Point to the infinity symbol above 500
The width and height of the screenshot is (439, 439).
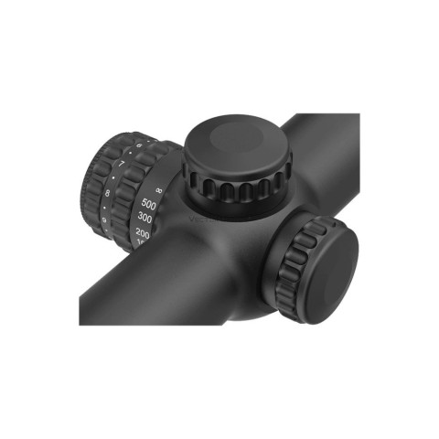tap(157, 188)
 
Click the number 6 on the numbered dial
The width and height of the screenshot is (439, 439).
tap(138, 146)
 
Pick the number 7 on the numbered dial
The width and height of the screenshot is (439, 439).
tap(121, 165)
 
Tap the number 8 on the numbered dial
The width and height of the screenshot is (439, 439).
tap(109, 194)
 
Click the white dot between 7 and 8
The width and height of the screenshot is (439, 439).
tap(113, 178)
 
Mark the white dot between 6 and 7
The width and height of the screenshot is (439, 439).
tap(129, 155)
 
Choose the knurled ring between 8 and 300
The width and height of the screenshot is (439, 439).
tap(126, 206)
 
